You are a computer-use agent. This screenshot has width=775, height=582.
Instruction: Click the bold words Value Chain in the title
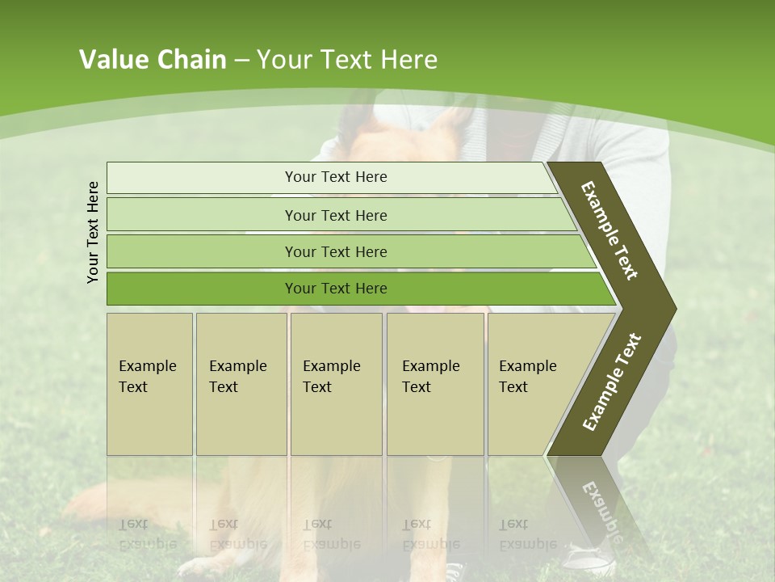(x=153, y=60)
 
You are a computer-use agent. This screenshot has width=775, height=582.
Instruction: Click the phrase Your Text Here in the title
(x=347, y=60)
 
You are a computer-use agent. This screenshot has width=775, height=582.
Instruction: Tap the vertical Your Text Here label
(x=93, y=232)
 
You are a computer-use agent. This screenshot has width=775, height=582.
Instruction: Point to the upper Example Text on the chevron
(x=610, y=230)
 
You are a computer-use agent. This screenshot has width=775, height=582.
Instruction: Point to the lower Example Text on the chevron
(x=611, y=382)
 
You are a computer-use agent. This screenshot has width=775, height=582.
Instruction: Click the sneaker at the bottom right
(x=589, y=559)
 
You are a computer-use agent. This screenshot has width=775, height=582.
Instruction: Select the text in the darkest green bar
(x=336, y=289)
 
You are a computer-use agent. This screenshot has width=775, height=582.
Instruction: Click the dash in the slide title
(x=241, y=61)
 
